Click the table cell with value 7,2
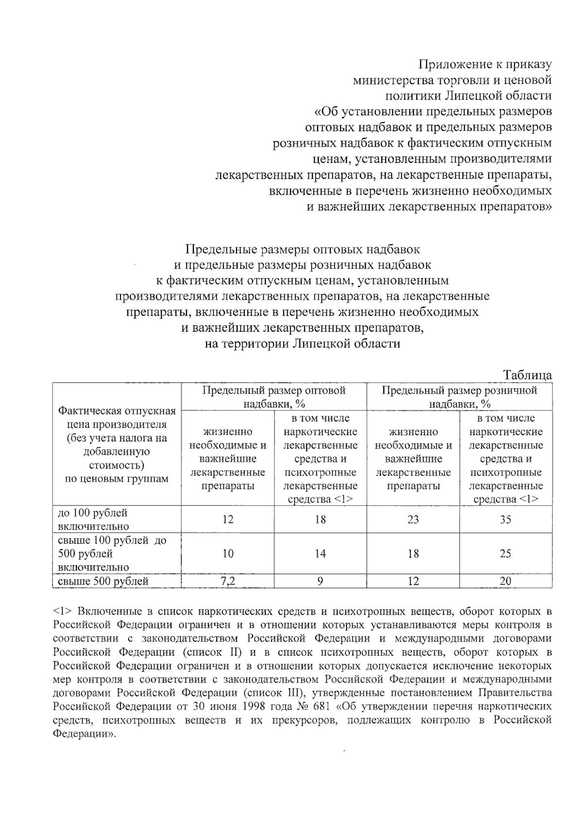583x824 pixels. (x=228, y=581)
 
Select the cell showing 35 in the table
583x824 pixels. (x=505, y=520)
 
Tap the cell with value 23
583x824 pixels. (x=413, y=520)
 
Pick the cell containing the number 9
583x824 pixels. (x=320, y=581)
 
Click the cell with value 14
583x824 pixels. (x=320, y=554)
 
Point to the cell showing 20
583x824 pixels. (x=505, y=581)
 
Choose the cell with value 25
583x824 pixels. (x=505, y=554)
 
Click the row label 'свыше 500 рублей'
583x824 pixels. (x=103, y=581)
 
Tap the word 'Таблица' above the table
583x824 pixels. (x=527, y=375)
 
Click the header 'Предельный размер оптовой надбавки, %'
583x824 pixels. (x=274, y=397)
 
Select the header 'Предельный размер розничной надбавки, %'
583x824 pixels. (x=459, y=397)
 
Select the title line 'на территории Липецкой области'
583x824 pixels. (x=302, y=343)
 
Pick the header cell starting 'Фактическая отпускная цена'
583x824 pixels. (x=117, y=444)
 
